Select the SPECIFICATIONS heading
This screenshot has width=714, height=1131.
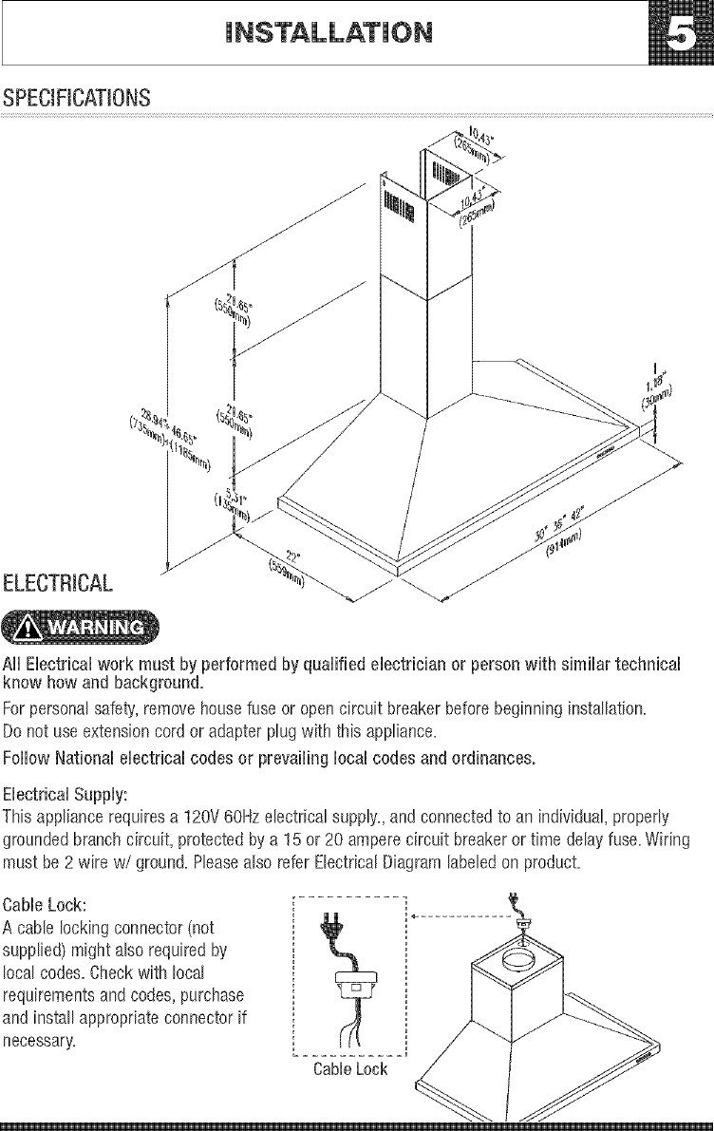[76, 98]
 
